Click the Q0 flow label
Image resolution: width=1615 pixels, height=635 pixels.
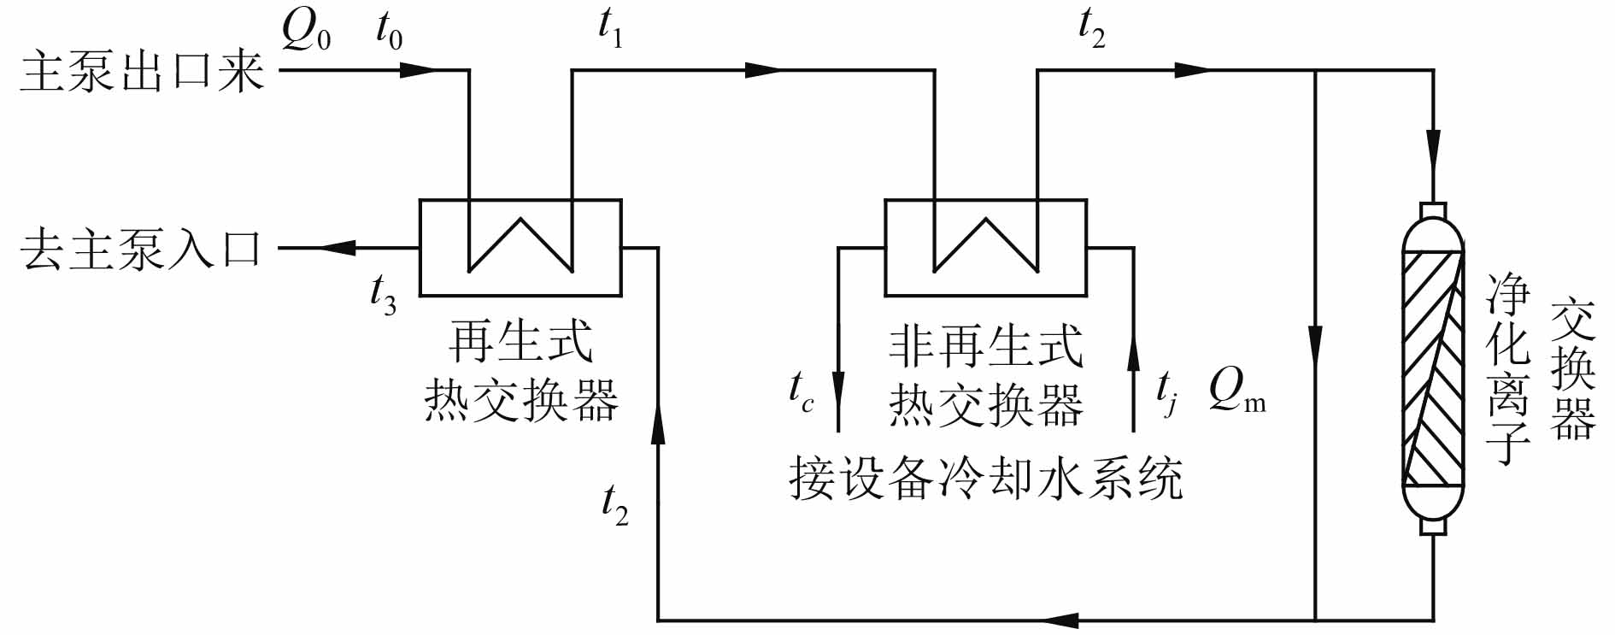pos(306,32)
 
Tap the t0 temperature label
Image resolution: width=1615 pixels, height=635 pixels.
pos(389,32)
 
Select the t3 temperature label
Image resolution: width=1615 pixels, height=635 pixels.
pos(383,295)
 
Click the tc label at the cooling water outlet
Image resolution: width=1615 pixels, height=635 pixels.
pos(801,392)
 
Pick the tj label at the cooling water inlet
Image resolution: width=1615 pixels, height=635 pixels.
pos(1166,392)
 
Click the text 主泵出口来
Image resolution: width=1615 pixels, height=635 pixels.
pos(142,70)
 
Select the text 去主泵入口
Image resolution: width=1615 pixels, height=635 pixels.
pos(142,250)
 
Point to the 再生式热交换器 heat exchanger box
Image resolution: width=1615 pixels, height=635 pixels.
pos(520,248)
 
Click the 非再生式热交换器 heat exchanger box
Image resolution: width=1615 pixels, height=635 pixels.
pos(985,248)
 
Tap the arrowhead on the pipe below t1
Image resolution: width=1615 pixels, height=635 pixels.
pos(762,70)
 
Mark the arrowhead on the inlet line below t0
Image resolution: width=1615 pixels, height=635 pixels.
pos(418,69)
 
